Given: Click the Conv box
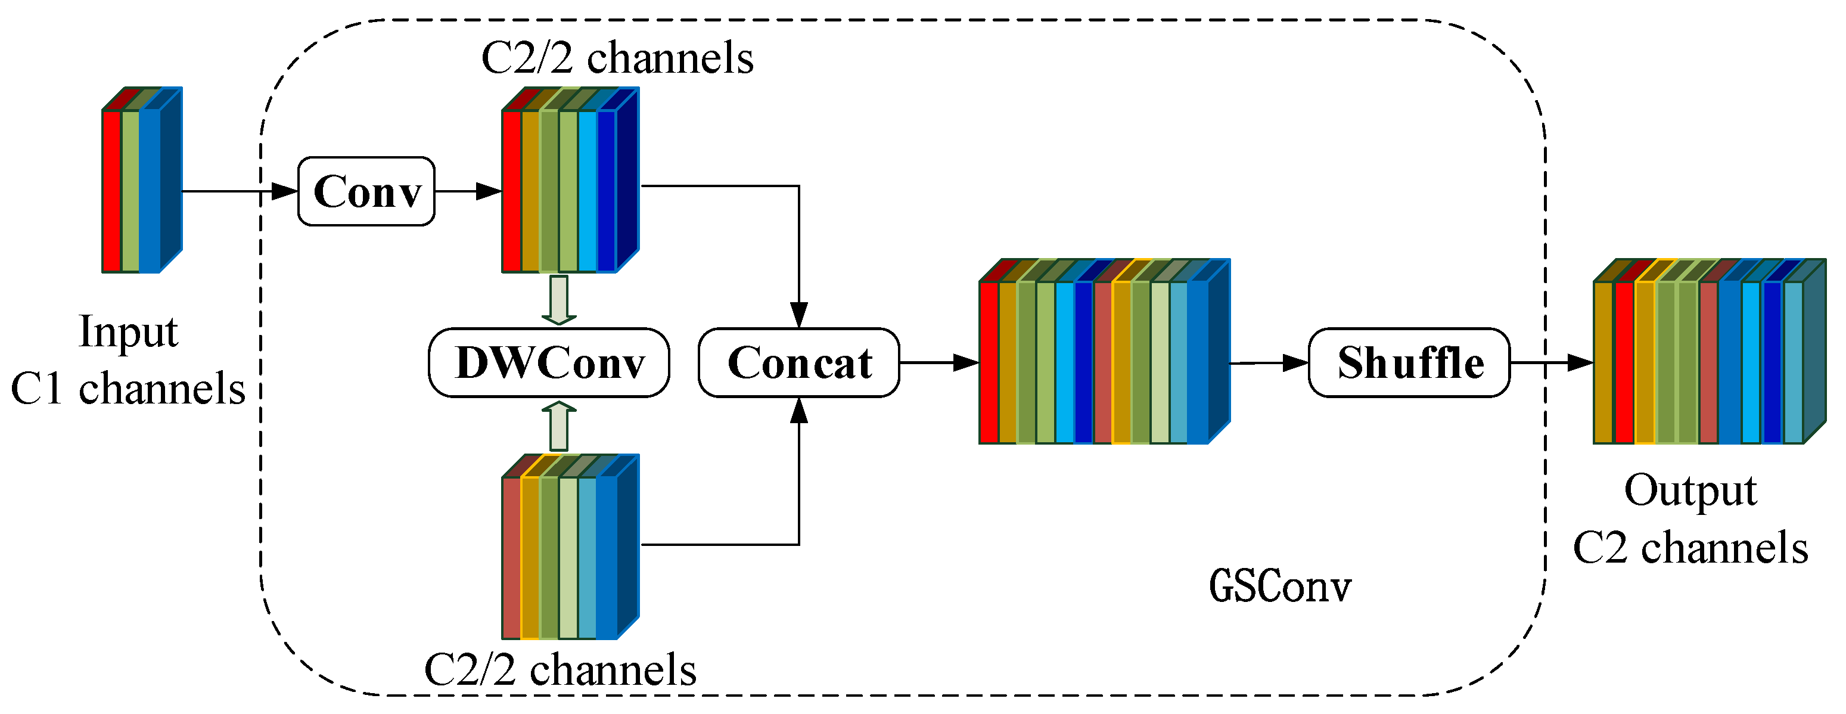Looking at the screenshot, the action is tap(366, 191).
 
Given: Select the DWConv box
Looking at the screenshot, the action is tap(549, 363).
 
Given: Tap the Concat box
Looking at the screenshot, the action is tap(799, 363).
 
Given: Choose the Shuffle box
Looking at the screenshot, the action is tap(1410, 363).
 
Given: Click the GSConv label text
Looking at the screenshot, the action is tap(1280, 586).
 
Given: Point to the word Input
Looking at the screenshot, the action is tap(128, 333).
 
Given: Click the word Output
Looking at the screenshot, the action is tap(1690, 492).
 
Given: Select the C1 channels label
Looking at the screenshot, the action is tap(128, 389).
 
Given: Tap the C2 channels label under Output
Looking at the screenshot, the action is tap(1690, 548).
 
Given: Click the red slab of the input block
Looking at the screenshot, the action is tap(112, 191).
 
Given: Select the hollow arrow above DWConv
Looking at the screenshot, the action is tap(559, 300).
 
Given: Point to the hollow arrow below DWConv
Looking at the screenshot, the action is tap(559, 426).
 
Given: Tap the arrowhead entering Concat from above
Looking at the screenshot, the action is tap(799, 315).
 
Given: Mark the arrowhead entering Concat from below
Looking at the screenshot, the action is tap(799, 411).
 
